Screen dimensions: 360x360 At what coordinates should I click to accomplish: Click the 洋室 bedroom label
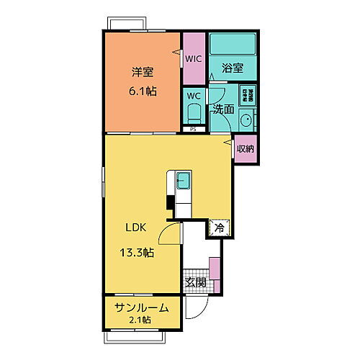(143, 72)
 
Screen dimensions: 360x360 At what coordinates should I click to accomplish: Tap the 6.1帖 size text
(144, 91)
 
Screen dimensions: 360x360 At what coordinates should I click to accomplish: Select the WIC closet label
(193, 59)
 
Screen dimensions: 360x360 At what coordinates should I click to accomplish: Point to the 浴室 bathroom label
(232, 69)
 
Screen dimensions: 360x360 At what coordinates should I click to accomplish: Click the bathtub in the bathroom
(232, 46)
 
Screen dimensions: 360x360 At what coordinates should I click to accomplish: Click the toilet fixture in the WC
(192, 112)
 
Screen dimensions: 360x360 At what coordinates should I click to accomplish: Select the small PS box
(193, 130)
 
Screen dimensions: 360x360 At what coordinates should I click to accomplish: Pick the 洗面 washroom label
(222, 109)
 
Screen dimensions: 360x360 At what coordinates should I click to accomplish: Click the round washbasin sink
(246, 120)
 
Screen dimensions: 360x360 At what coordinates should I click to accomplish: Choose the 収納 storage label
(245, 148)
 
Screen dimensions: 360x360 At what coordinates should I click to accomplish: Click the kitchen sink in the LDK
(182, 181)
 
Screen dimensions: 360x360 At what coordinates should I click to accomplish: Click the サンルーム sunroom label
(142, 308)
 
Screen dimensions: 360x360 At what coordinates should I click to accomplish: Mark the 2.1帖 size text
(141, 320)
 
